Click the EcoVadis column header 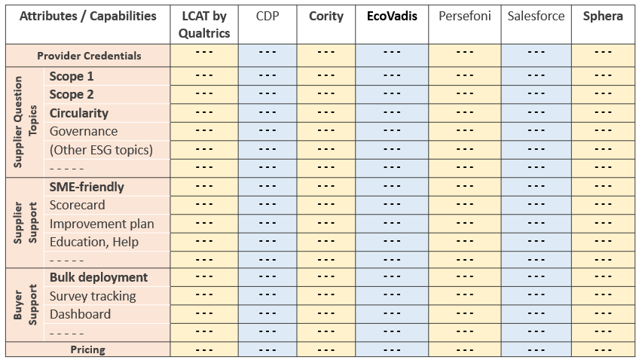[392, 16]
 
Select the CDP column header [267, 16]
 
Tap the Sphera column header [603, 16]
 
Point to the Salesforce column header [536, 16]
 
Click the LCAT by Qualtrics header [204, 24]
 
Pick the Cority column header [326, 16]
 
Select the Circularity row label [79, 113]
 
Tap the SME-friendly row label [87, 187]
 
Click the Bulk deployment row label [99, 277]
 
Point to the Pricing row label [88, 349]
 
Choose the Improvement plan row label [102, 224]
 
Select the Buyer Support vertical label [25, 305]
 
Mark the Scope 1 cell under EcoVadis [392, 76]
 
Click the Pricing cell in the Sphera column [603, 349]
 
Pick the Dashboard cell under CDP [267, 314]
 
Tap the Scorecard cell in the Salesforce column [536, 205]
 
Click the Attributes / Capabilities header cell [88, 16]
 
